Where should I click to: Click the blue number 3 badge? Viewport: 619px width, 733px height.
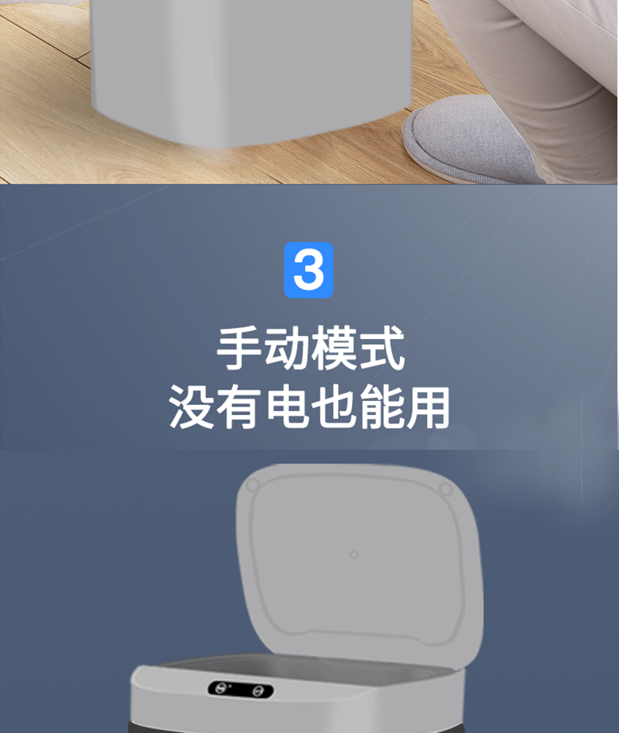pos(308,270)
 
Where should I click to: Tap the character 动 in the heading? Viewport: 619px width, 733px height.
pos(286,348)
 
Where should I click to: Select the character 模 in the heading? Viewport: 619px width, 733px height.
pos(333,348)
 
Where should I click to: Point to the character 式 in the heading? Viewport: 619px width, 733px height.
pos(381,348)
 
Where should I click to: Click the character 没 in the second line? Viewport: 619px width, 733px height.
pos(190,406)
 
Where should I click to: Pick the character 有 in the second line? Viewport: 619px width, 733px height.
pos(238,406)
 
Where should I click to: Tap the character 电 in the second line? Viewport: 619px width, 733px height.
pos(286,406)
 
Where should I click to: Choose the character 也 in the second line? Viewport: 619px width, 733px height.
pos(333,406)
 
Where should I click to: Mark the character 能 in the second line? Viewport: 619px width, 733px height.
pos(380,406)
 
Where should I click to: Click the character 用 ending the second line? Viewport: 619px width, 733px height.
pos(427,406)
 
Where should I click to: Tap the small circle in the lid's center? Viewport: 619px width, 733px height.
pos(354,555)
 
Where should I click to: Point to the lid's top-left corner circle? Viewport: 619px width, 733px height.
pos(252,485)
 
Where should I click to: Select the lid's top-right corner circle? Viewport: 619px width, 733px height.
pos(446,489)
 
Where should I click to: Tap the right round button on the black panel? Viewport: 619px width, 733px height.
pos(258,691)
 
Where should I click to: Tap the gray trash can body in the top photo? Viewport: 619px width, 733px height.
pos(251,70)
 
